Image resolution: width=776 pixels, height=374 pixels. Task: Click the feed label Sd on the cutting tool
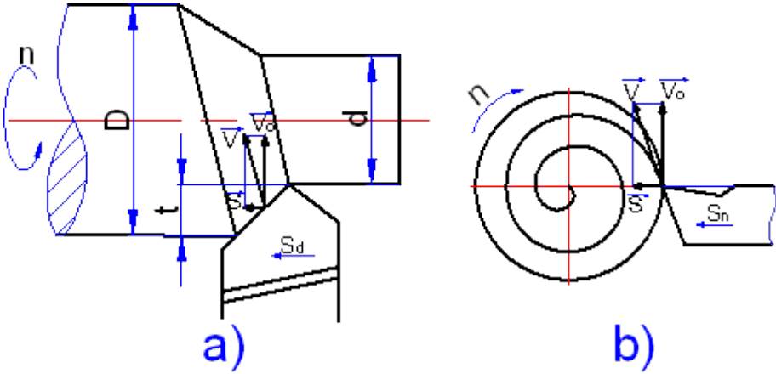tap(292, 245)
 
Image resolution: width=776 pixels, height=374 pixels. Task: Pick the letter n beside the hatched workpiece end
tap(26, 54)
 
